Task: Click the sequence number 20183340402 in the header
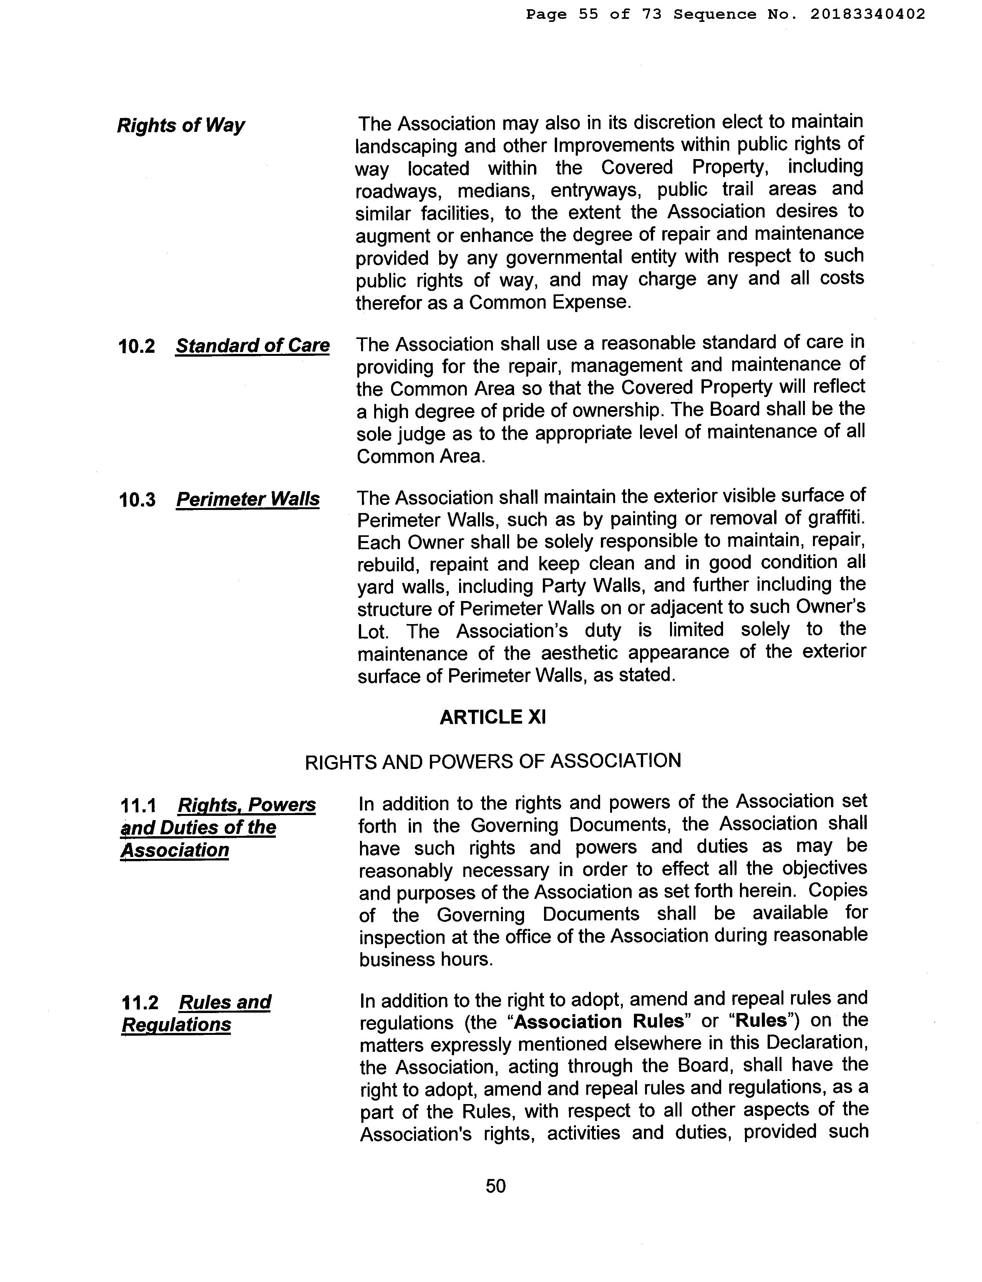[868, 15]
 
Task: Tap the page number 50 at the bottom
[496, 1186]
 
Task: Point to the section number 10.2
[137, 347]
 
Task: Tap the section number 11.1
[139, 806]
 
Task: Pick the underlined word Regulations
[176, 1025]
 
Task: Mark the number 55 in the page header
[589, 15]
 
